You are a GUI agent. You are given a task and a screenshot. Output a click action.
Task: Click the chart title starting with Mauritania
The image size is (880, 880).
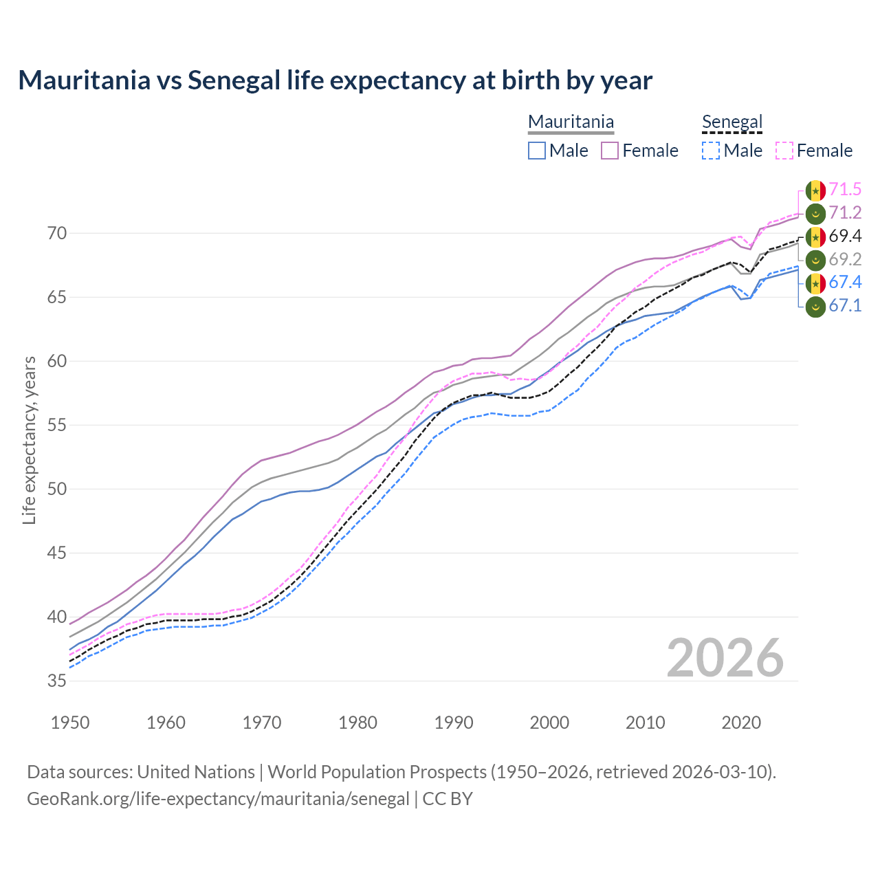point(335,80)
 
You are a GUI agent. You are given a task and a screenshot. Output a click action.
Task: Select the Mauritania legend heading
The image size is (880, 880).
point(571,122)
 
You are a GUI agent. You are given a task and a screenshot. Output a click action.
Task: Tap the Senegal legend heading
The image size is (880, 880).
point(732,122)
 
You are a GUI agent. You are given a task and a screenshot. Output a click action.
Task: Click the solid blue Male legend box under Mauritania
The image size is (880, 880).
point(537,151)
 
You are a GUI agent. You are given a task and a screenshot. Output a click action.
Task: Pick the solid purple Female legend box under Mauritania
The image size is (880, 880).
point(610,151)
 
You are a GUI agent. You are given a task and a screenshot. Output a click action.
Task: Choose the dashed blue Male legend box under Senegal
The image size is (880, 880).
point(711,151)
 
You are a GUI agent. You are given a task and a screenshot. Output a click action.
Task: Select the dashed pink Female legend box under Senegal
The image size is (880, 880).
point(784,151)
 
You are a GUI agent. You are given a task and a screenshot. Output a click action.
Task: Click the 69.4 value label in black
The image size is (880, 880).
point(845,236)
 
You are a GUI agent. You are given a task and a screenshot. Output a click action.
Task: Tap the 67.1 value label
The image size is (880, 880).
point(845,306)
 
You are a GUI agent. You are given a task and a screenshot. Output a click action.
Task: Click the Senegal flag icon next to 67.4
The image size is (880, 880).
point(815,283)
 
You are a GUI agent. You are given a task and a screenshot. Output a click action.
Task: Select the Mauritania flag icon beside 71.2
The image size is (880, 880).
point(815,213)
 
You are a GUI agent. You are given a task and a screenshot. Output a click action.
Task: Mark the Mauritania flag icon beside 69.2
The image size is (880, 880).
point(815,260)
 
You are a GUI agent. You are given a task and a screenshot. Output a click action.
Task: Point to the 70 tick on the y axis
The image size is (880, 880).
point(57,234)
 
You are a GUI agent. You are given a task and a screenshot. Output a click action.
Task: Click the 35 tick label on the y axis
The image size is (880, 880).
point(57,681)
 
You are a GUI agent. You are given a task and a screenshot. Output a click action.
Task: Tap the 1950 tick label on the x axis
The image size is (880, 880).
point(71,723)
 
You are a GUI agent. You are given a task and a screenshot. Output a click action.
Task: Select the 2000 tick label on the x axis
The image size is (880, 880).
point(549,723)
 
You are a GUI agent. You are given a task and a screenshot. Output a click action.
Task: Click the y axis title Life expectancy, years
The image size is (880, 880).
point(30,440)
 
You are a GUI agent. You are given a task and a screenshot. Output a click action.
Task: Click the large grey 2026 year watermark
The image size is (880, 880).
point(725,658)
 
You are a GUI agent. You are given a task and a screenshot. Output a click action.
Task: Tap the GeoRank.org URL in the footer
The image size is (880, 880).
point(218,799)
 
